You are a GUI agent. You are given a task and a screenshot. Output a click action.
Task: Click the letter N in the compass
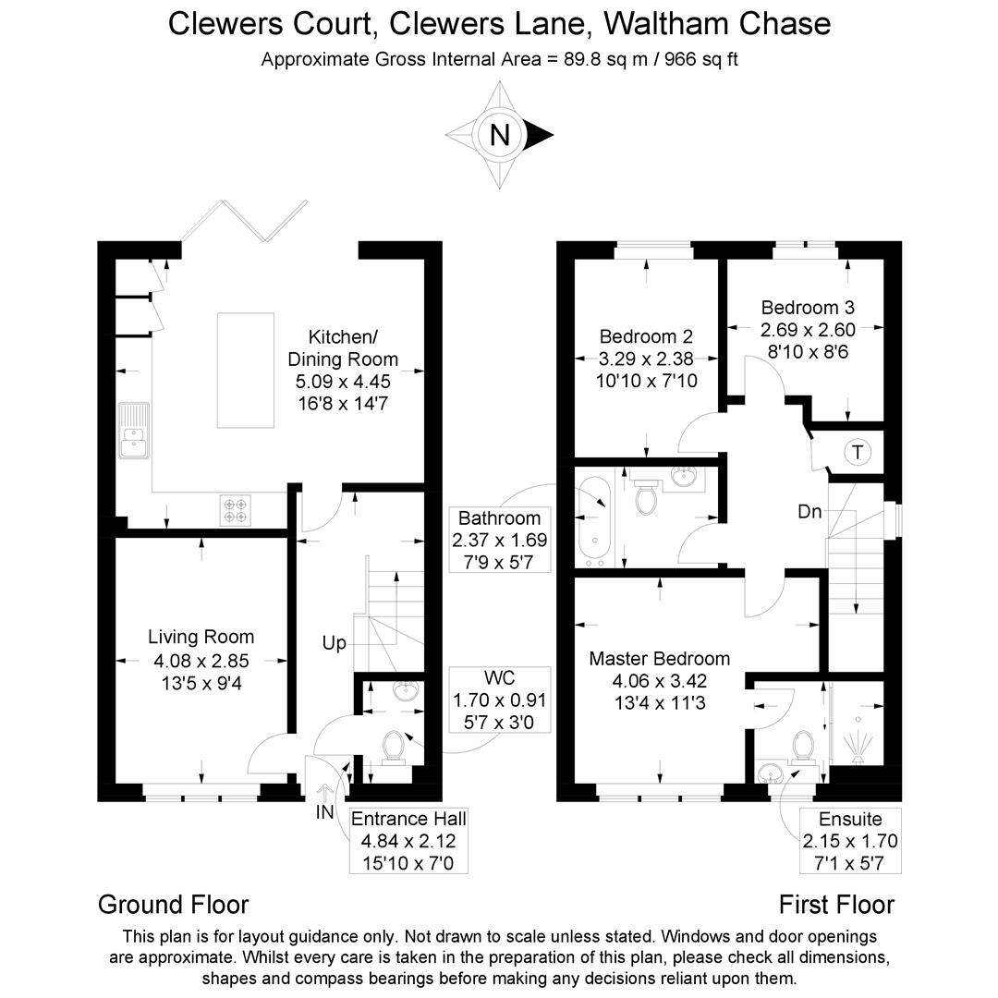coord(499,136)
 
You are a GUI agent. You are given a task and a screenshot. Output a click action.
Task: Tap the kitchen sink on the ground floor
coord(133,431)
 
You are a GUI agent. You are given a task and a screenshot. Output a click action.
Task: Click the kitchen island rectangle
coord(246,370)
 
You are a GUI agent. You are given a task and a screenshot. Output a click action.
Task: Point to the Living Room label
coord(201,637)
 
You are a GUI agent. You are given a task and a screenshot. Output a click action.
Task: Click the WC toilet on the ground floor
coord(396,745)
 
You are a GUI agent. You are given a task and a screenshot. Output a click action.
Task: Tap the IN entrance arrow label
coord(324,812)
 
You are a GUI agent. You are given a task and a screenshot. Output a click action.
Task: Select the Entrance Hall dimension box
coord(408,841)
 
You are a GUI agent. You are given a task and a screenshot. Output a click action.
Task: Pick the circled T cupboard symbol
coord(858,452)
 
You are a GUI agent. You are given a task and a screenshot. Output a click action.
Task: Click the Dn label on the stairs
coord(810,511)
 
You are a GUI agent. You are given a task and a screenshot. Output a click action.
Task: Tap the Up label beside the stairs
coord(334,642)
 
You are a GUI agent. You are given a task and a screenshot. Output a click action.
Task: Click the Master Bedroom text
coord(659,659)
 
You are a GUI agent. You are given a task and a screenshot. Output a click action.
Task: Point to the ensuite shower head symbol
coord(859,745)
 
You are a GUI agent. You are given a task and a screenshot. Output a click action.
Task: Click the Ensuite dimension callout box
coord(850,841)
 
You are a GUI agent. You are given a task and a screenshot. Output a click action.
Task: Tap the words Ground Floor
coord(173,904)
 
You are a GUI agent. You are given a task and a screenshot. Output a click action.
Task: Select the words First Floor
coord(836,904)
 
